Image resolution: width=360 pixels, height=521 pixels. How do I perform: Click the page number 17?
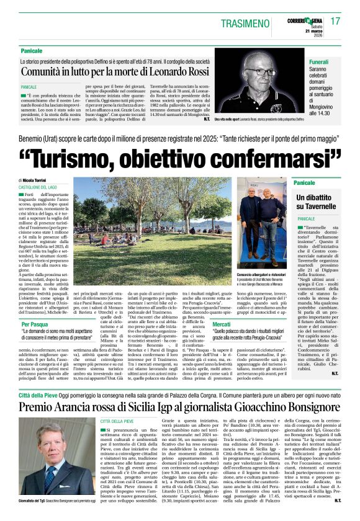335,21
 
